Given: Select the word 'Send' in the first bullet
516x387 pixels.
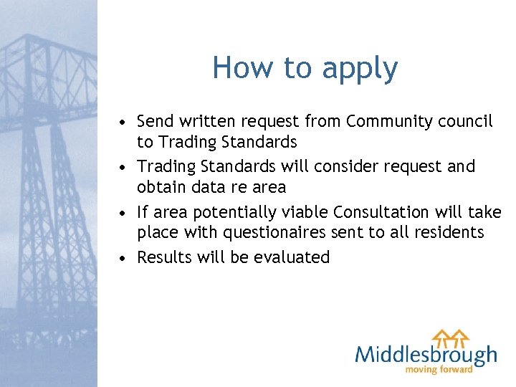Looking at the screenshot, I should coord(155,121).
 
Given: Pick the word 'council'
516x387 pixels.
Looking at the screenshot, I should coord(464,121).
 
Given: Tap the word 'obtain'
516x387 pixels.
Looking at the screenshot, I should coord(162,188).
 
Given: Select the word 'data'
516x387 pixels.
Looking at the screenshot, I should coord(209,188).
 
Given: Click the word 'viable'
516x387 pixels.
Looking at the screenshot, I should coord(307,211).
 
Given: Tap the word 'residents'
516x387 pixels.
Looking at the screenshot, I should coord(449,233).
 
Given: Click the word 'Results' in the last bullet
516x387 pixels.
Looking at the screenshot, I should coord(163,257).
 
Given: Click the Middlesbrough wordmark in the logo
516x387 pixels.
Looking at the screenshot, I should coord(426,354).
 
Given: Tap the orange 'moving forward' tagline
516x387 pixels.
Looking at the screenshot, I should coord(439,370).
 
